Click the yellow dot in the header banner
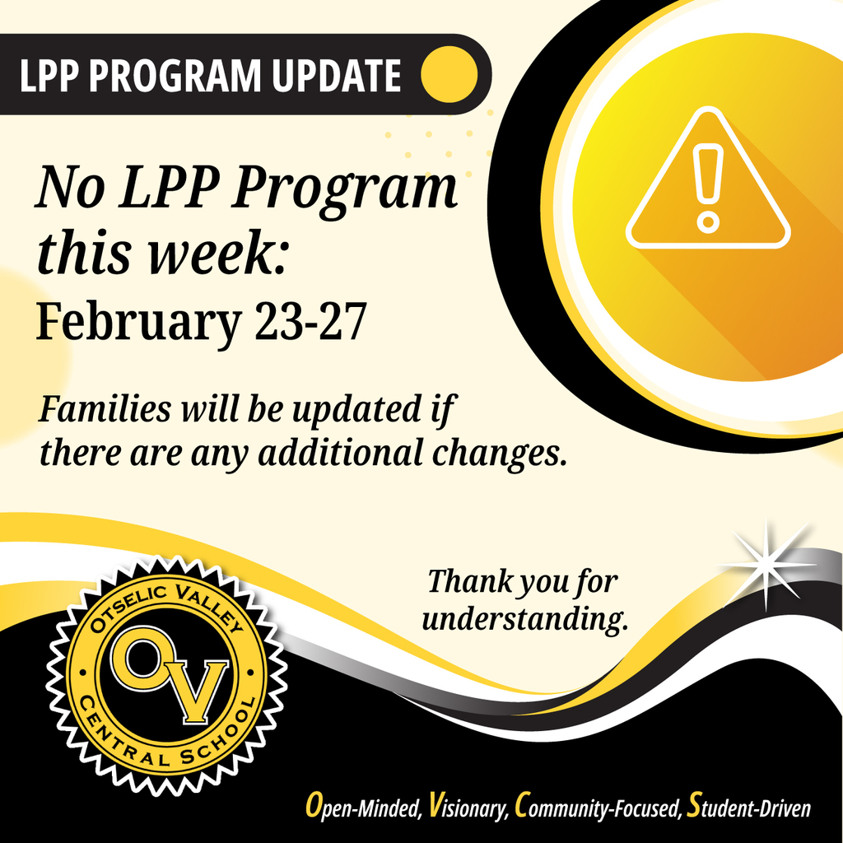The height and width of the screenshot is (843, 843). [x=449, y=75]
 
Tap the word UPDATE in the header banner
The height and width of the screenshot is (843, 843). [x=334, y=76]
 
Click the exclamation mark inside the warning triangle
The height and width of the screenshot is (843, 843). [x=707, y=185]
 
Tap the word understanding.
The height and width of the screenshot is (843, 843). [x=524, y=619]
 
